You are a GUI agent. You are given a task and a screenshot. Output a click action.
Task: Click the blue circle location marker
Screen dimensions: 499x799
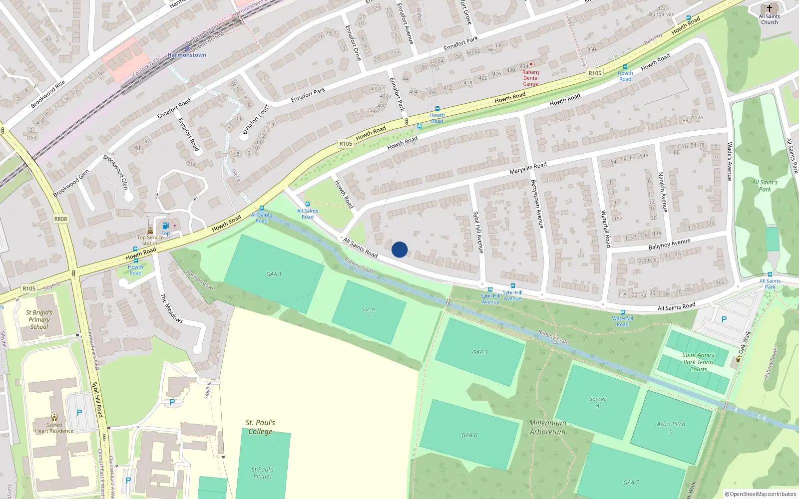pyautogui.click(x=399, y=249)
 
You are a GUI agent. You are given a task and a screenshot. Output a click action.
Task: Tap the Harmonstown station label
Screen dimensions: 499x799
pyautogui.click(x=187, y=55)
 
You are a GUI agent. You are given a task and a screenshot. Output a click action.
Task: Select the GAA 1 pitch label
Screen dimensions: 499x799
pyautogui.click(x=274, y=274)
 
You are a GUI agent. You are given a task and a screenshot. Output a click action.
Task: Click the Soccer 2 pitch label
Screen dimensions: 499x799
pyautogui.click(x=369, y=312)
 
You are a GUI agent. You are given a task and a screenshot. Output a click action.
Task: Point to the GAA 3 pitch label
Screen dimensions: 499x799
pyautogui.click(x=480, y=352)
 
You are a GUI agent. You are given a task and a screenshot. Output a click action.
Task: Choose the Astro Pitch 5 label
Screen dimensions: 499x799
pyautogui.click(x=671, y=427)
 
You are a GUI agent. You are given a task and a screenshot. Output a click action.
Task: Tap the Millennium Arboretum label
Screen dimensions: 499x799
pyautogui.click(x=547, y=427)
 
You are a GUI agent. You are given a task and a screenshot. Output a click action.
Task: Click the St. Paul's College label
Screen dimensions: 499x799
pyautogui.click(x=260, y=427)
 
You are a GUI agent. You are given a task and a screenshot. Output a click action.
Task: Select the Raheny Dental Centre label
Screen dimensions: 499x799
pyautogui.click(x=531, y=78)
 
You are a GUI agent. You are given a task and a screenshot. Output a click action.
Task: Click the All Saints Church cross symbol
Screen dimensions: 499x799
pyautogui.click(x=769, y=8)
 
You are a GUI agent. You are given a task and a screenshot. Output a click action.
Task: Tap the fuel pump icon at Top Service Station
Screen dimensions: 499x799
pyautogui.click(x=166, y=226)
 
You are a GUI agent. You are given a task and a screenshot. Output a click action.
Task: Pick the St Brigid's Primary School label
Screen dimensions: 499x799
pyautogui.click(x=39, y=319)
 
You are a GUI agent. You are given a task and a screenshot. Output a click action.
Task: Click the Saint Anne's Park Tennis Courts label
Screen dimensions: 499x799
pyautogui.click(x=699, y=362)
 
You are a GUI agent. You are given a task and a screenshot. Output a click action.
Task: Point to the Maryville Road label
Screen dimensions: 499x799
pyautogui.click(x=528, y=168)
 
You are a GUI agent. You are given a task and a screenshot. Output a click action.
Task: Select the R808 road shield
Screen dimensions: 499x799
pyautogui.click(x=60, y=219)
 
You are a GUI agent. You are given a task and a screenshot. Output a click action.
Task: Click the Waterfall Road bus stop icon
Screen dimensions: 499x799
pyautogui.click(x=622, y=312)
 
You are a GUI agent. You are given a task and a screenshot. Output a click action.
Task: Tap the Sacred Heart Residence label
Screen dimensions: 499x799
pyautogui.click(x=54, y=428)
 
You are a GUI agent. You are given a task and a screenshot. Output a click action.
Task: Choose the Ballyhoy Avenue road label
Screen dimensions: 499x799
pyautogui.click(x=669, y=244)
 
